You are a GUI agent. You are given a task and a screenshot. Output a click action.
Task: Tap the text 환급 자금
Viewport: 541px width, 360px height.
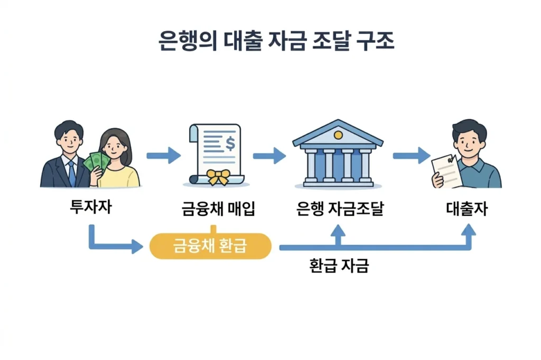(339, 265)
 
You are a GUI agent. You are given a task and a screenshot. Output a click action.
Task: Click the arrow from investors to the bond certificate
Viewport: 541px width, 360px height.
(163, 155)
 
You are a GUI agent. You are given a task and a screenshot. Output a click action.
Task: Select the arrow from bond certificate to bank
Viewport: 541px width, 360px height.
(269, 155)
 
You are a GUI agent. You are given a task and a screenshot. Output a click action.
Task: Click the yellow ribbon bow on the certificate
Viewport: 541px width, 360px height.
(217, 177)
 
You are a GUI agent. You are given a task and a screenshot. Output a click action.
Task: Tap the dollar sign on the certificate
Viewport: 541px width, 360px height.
(230, 143)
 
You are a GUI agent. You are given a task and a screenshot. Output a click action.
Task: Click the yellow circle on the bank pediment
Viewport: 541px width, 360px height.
(338, 135)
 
